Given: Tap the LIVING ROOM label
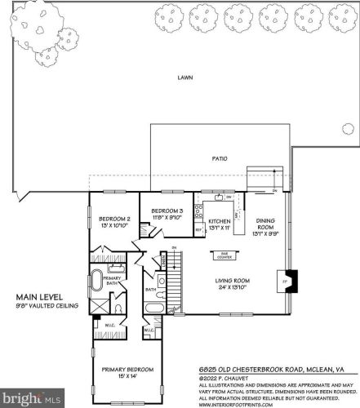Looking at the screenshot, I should (232, 281).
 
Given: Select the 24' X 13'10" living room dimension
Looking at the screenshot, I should (232, 288).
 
